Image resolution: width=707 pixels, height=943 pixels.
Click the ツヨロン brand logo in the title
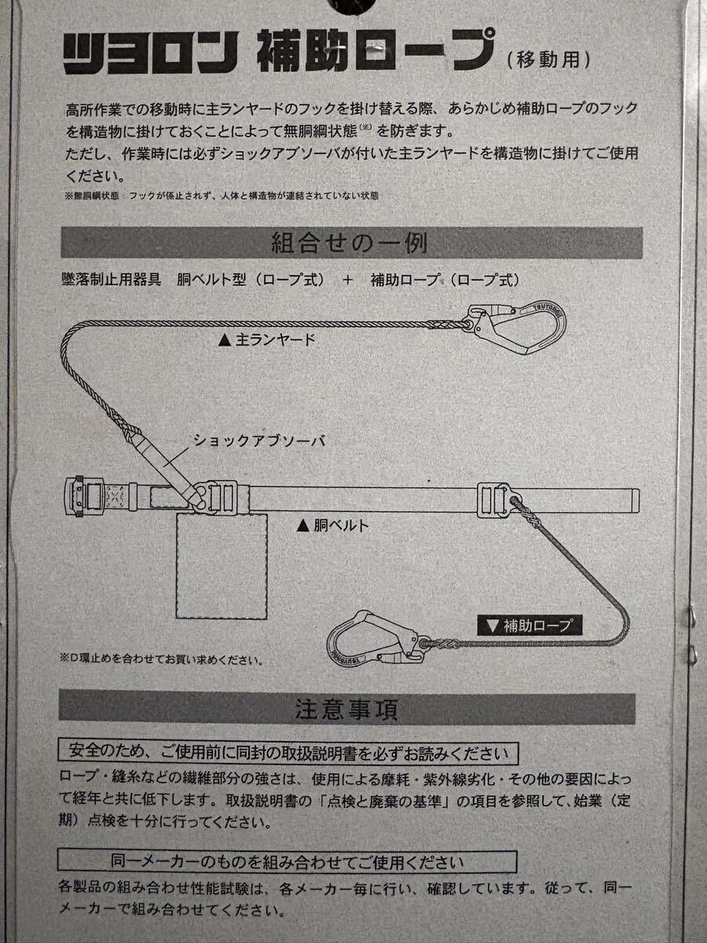150,53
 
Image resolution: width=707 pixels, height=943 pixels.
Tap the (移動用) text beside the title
548,60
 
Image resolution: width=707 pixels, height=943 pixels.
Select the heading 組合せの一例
350,243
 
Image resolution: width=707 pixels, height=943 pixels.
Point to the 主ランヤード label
266,341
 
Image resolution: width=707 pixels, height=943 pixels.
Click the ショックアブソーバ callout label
259,441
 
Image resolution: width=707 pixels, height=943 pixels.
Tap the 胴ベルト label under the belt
332,526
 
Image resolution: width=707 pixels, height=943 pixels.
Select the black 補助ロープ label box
529,626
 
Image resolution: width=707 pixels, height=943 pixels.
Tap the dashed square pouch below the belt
222,566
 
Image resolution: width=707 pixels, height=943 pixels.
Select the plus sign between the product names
348,281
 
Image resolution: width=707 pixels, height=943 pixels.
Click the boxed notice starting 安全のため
288,753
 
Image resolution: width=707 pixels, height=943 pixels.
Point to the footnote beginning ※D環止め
162,659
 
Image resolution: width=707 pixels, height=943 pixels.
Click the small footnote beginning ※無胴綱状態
222,196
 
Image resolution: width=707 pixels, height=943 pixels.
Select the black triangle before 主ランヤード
225,341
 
